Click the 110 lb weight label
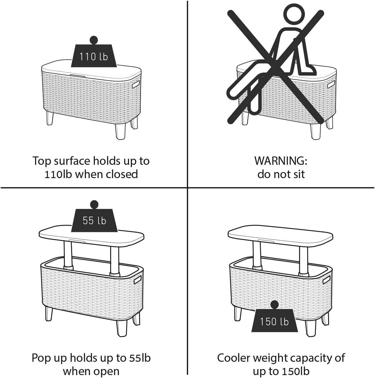tap(94, 56)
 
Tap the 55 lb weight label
tap(94, 220)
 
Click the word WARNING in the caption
tap(280, 161)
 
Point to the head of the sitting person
tap(294, 14)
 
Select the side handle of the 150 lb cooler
tap(326, 280)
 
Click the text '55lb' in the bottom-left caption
tap(138, 358)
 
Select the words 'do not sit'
tap(281, 174)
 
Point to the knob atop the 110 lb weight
tap(94, 40)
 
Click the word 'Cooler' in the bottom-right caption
tap(234, 358)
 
